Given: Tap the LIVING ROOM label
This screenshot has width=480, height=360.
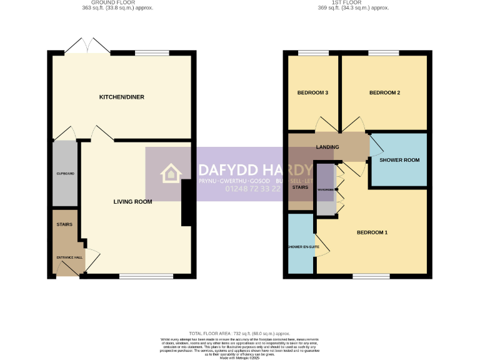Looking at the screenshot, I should [x=132, y=201].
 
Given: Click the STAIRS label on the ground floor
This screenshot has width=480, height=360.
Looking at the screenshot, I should [x=64, y=224].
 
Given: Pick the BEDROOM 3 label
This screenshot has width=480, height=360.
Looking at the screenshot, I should [x=312, y=92].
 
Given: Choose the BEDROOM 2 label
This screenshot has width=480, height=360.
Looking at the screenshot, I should [x=384, y=92].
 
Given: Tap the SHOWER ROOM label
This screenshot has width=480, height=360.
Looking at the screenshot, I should [x=400, y=160].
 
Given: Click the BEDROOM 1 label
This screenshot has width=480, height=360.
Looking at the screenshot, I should [x=372, y=232].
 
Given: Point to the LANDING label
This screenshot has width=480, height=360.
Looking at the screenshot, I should [x=327, y=147].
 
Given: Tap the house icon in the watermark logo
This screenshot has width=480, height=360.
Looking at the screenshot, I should [x=170, y=174].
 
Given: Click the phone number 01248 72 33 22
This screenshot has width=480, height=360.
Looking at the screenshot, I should [x=239, y=189].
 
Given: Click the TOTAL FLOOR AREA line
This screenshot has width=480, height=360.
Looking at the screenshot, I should [x=239, y=334].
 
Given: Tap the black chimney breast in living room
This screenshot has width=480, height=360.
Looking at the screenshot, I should [x=186, y=202].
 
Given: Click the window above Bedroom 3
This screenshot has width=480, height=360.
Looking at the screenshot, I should [x=309, y=52].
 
